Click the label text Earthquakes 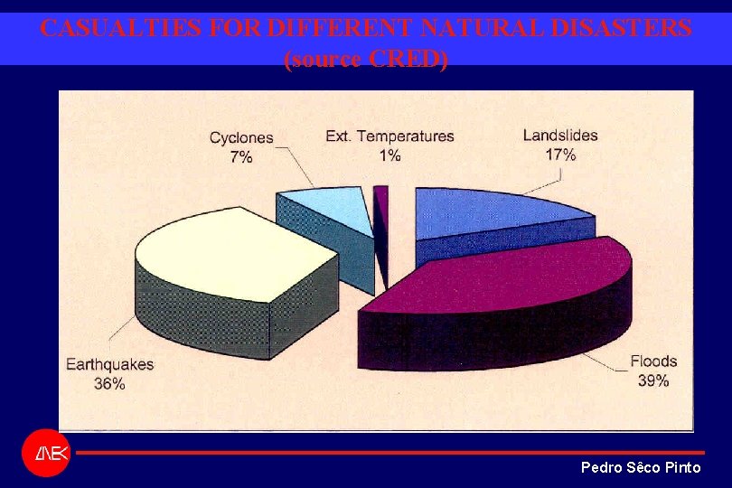click(110, 365)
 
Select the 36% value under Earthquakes click(110, 383)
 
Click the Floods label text click(653, 361)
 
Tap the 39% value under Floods click(653, 380)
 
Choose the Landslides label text click(560, 136)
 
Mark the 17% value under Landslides click(560, 155)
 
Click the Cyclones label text click(241, 138)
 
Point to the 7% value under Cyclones click(241, 157)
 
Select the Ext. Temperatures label click(390, 136)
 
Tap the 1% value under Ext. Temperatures click(390, 155)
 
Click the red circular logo click(46, 453)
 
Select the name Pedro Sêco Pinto click(640, 467)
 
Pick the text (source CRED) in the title click(366, 60)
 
